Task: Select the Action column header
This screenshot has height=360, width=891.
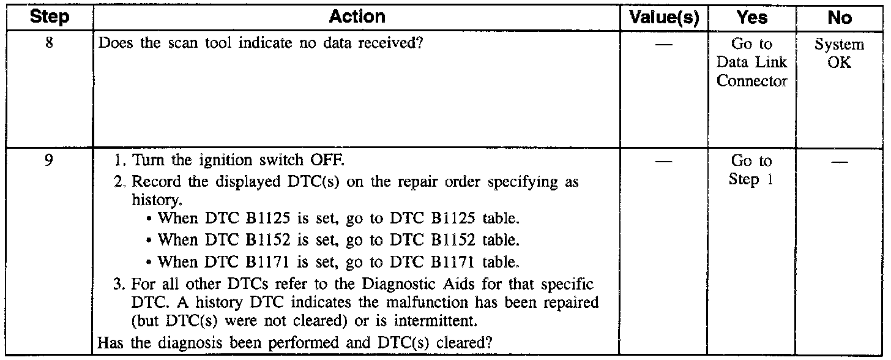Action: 357,17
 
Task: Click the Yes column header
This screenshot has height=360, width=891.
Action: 752,18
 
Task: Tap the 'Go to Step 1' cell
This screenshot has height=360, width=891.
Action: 752,171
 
